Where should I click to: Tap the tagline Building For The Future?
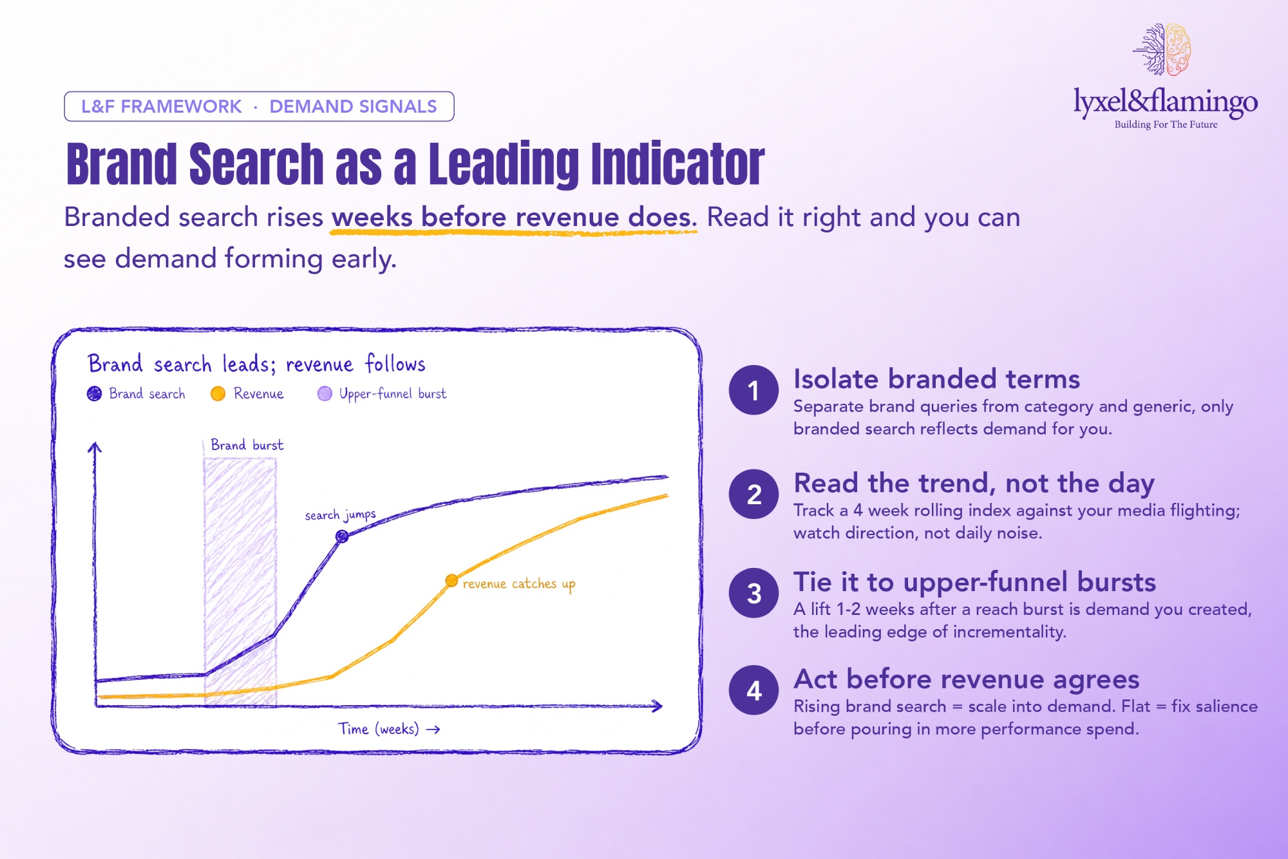pyautogui.click(x=1166, y=124)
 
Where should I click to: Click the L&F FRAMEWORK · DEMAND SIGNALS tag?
pyautogui.click(x=259, y=106)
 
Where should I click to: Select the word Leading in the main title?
pyautogui.click(x=504, y=164)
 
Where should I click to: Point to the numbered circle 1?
pyautogui.click(x=753, y=390)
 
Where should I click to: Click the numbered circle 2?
pyautogui.click(x=753, y=494)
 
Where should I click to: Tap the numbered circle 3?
pyautogui.click(x=753, y=593)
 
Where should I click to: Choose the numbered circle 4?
pyautogui.click(x=753, y=690)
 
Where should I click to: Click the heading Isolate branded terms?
pyautogui.click(x=936, y=379)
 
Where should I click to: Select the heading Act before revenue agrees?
pyautogui.click(x=967, y=679)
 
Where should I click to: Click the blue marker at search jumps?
pyautogui.click(x=342, y=536)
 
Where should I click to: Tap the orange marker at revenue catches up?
pyautogui.click(x=451, y=581)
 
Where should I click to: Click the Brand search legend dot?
pyautogui.click(x=94, y=393)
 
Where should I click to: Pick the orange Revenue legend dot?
pyautogui.click(x=218, y=393)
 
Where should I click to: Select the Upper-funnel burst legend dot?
pyautogui.click(x=325, y=393)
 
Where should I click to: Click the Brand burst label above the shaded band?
pyautogui.click(x=247, y=445)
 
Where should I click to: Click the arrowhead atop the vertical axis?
pyautogui.click(x=95, y=446)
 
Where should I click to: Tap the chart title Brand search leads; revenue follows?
pyautogui.click(x=256, y=364)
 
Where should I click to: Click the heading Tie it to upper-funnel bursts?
pyautogui.click(x=975, y=582)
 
